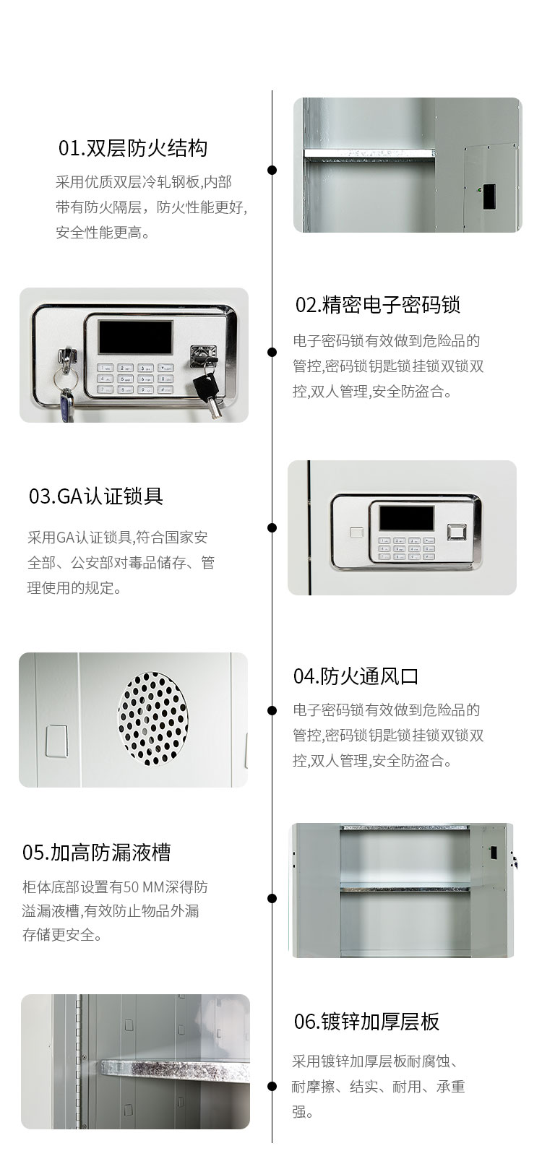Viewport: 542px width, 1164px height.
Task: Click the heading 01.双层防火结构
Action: [133, 148]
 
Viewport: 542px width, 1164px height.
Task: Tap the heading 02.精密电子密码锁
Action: [378, 304]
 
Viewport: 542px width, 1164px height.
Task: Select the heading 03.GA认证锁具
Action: [96, 496]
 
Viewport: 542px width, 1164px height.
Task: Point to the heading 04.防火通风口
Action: [356, 676]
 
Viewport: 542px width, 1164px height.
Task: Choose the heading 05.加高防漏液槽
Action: [97, 852]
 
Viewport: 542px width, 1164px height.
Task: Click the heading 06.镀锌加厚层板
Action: [366, 1021]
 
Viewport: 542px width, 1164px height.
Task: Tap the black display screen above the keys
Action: [136, 337]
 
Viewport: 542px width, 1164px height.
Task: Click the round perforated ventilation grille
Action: [152, 719]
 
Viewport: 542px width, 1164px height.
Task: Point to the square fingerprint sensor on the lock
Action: [457, 532]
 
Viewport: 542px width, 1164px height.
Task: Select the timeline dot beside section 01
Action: [272, 170]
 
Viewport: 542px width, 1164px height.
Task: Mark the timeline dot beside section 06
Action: [272, 1086]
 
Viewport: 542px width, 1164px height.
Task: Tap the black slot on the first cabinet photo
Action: [489, 197]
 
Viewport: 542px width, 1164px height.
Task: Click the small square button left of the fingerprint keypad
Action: [356, 533]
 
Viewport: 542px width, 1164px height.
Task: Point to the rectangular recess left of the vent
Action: [56, 741]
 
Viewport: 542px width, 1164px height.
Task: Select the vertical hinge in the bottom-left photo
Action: [79, 1061]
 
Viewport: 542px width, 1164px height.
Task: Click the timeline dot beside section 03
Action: [272, 527]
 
